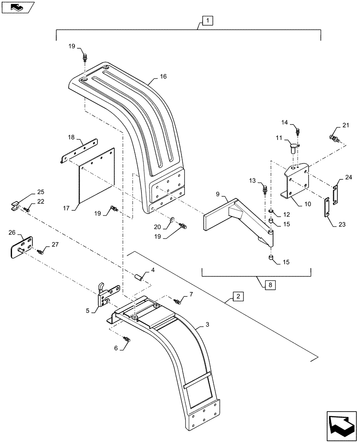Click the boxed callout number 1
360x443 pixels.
207,20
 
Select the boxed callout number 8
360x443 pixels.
270,284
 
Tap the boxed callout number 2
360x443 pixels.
238,296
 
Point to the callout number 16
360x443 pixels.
164,77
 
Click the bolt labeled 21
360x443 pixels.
334,138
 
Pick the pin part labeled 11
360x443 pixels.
293,146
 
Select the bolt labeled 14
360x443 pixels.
298,131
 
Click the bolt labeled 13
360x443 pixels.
265,190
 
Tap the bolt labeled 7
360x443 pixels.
178,301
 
